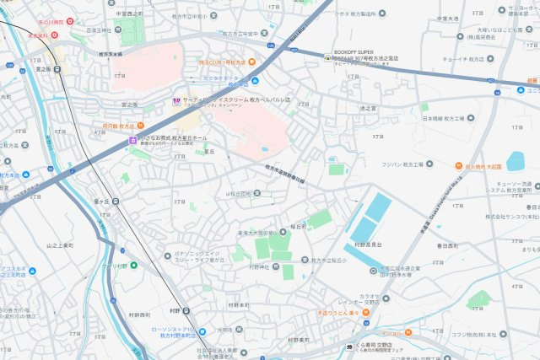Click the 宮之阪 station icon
(x=57, y=70)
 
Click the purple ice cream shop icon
(x=175, y=100)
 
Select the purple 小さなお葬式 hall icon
(x=133, y=140)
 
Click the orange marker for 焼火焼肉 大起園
(x=458, y=166)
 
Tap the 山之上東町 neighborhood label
(x=61, y=244)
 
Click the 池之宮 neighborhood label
(x=368, y=108)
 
